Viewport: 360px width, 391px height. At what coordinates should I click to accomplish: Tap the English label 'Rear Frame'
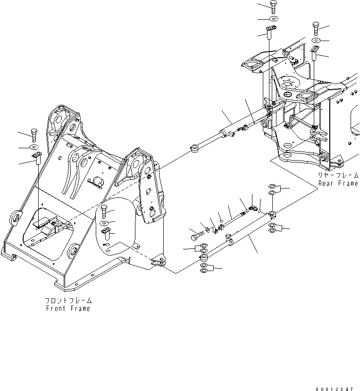point(338,183)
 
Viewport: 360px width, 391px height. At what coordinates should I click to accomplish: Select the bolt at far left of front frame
point(33,135)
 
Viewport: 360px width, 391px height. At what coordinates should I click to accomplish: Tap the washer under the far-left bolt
point(34,147)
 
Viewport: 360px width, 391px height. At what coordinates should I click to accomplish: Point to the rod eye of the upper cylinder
point(194,149)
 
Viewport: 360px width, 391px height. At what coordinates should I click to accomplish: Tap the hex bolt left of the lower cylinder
point(196,232)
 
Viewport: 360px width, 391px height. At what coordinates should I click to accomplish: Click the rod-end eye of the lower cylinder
point(204,258)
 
